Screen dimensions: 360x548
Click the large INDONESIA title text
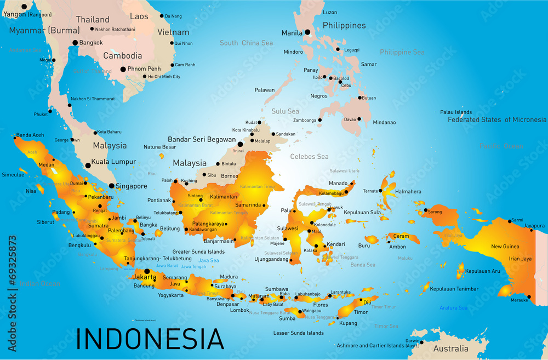(x=150, y=339)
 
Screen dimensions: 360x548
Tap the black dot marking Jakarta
(x=146, y=271)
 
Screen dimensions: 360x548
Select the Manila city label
(x=292, y=33)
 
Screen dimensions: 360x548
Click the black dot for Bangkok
(x=76, y=43)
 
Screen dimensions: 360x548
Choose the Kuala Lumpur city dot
(x=88, y=165)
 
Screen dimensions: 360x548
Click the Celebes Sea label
(x=309, y=157)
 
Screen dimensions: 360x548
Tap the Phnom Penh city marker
(x=123, y=70)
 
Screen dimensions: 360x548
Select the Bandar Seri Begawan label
(x=202, y=140)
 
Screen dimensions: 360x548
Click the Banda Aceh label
(x=30, y=135)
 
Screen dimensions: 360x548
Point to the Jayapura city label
(x=534, y=225)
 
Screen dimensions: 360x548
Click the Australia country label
(x=451, y=348)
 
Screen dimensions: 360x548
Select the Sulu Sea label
(x=286, y=111)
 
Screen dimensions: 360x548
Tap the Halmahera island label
(x=408, y=192)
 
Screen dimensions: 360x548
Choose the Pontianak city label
(x=159, y=201)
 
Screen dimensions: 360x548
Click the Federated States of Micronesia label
(x=496, y=119)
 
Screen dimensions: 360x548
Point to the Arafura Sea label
(x=453, y=308)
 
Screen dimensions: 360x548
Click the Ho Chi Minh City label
(x=164, y=77)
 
